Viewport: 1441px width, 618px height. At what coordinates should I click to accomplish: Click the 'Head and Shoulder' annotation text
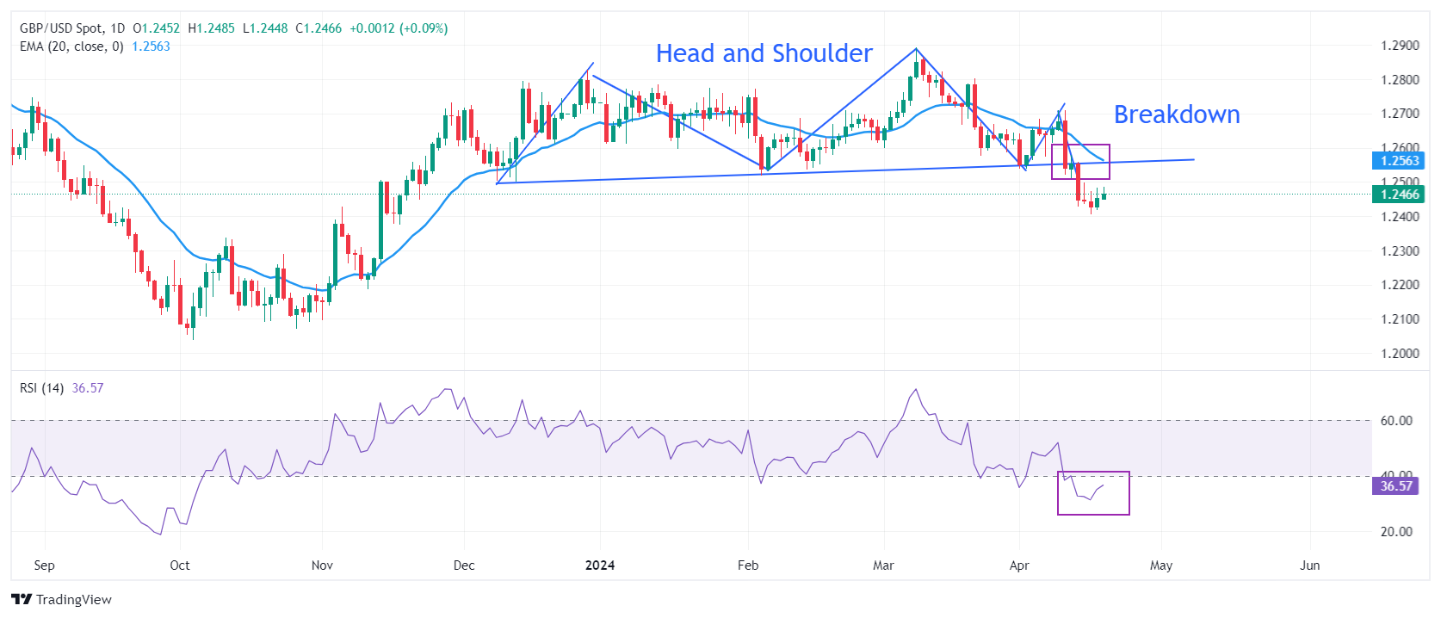(764, 53)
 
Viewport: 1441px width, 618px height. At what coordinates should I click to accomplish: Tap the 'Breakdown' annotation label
(1176, 114)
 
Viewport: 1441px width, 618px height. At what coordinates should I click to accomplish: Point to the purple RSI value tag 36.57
(1396, 486)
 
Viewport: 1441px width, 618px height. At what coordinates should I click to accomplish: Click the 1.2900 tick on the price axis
(1400, 46)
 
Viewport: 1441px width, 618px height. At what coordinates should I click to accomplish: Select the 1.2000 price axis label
(1400, 354)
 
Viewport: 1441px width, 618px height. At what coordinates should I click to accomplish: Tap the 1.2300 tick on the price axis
(1400, 251)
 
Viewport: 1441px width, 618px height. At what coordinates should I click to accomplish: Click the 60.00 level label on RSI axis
(1396, 421)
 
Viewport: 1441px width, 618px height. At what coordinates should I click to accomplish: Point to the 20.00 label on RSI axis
(1396, 532)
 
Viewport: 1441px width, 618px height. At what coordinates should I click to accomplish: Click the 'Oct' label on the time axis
(180, 565)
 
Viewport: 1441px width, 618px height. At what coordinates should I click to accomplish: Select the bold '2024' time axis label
(600, 565)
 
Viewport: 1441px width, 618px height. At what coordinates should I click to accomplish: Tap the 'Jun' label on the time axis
(1309, 565)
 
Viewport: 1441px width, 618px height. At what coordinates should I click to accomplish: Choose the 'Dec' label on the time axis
(464, 565)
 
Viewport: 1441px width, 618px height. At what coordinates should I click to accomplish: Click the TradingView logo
(62, 600)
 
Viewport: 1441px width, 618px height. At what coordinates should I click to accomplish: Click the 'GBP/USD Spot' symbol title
(60, 28)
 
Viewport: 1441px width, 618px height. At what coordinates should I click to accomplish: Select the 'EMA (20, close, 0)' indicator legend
(71, 46)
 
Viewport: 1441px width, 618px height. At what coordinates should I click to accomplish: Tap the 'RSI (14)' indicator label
(41, 388)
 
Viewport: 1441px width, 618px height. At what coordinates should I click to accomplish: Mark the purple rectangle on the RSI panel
(1093, 493)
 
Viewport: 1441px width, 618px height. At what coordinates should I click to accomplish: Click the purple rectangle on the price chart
(1080, 162)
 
